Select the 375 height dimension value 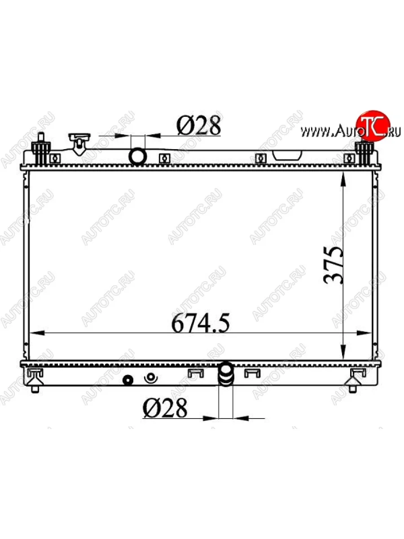pyautogui.click(x=333, y=265)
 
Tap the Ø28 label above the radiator pyautogui.click(x=199, y=126)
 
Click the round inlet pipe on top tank pyautogui.click(x=138, y=156)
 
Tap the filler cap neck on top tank pyautogui.click(x=79, y=144)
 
